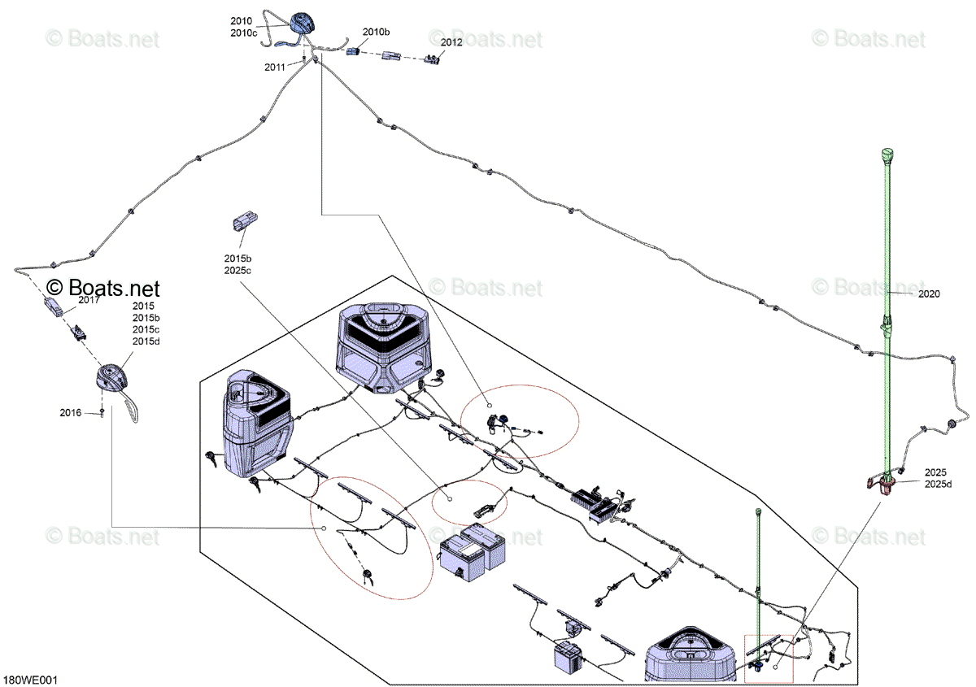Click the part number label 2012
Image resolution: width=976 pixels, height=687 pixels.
click(451, 42)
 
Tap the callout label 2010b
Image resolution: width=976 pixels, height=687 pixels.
click(376, 32)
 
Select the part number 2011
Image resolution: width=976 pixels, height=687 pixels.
click(275, 67)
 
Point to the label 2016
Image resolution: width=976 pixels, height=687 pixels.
click(71, 412)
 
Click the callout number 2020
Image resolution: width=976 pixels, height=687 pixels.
click(929, 294)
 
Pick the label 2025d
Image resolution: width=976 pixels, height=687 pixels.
click(938, 484)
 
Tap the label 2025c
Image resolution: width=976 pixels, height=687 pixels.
click(237, 271)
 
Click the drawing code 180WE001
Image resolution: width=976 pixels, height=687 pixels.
click(30, 680)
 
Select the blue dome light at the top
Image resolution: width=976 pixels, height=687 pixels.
click(302, 23)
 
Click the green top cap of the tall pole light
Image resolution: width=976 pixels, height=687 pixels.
click(887, 154)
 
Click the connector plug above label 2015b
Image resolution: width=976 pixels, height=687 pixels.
click(245, 221)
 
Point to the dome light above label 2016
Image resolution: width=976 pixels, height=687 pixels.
click(111, 377)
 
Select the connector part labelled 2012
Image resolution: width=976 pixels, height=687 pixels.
click(432, 59)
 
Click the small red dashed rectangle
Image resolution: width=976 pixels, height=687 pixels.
click(769, 659)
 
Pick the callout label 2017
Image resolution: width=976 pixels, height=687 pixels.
click(89, 300)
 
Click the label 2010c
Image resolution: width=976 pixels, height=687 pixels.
click(243, 33)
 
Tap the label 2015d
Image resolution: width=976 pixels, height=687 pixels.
click(146, 341)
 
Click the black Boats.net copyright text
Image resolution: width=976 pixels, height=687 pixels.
click(102, 288)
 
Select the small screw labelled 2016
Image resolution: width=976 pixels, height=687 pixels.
click(102, 411)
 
